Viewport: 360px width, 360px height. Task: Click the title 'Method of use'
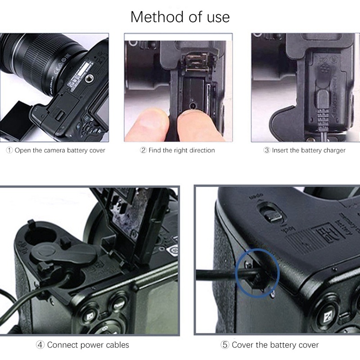[180, 17]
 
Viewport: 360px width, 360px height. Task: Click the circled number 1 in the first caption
[9, 150]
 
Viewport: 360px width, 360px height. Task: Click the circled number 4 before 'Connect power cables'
[40, 345]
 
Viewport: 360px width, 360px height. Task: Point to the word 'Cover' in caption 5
[243, 345]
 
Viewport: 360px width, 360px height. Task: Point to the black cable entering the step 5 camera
[220, 274]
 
